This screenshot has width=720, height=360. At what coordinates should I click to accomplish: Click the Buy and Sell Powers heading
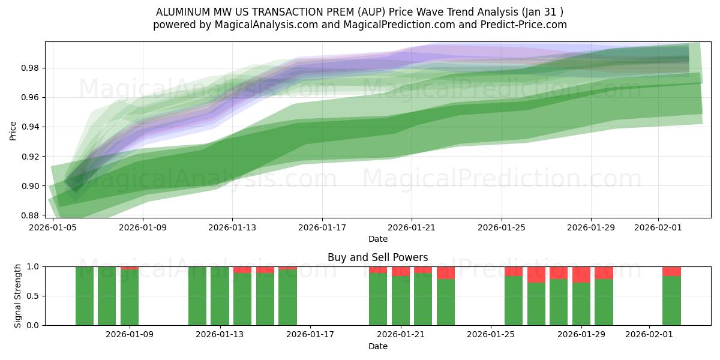tap(377, 257)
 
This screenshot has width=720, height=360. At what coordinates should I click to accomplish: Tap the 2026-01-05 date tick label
tap(54, 228)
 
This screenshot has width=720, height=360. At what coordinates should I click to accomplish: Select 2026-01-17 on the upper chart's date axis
tap(322, 228)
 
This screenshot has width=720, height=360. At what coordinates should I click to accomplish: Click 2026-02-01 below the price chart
tap(658, 228)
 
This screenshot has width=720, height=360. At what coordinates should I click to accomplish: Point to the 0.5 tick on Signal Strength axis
tap(34, 296)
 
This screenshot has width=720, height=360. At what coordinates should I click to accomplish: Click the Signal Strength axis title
tap(18, 295)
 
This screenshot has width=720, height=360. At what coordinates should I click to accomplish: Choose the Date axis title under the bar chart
tap(377, 346)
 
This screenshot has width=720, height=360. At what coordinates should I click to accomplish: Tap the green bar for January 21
tap(401, 301)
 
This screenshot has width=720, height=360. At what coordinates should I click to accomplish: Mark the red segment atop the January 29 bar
tap(581, 274)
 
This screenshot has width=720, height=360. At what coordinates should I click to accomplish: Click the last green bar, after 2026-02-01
tap(671, 301)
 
